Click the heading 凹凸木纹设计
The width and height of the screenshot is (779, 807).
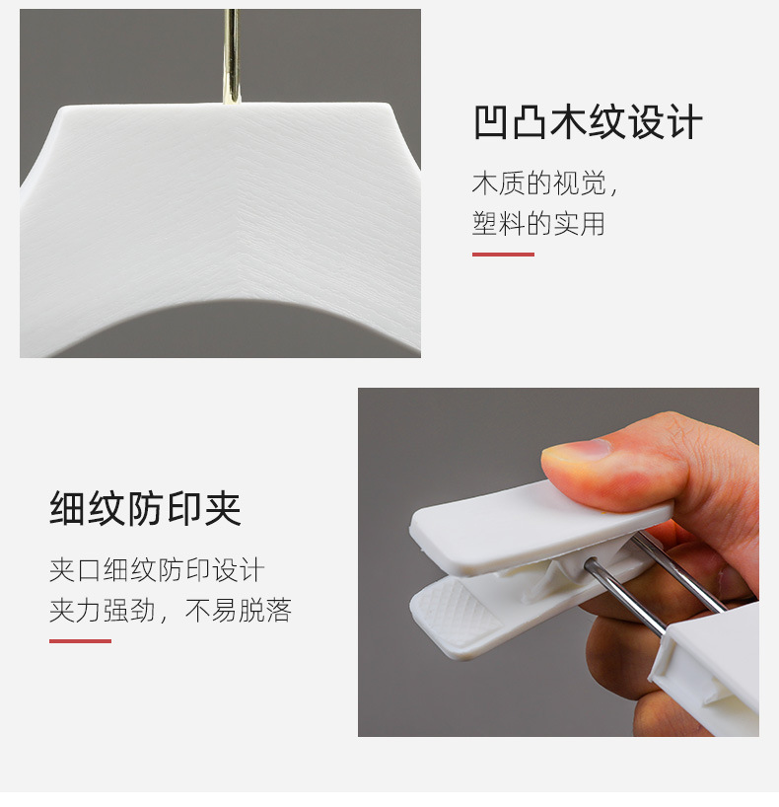(x=588, y=124)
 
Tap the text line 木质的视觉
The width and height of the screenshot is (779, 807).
(x=543, y=184)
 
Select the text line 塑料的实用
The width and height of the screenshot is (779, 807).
(x=538, y=224)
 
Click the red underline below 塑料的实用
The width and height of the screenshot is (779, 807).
(x=503, y=255)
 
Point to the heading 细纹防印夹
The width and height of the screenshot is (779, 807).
(x=145, y=509)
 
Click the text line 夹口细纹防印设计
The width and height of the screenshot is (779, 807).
(x=157, y=570)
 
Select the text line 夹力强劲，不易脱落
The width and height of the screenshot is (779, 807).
(x=171, y=611)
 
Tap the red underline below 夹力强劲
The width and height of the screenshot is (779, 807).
(x=80, y=641)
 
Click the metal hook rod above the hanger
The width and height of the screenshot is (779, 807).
(x=231, y=54)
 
